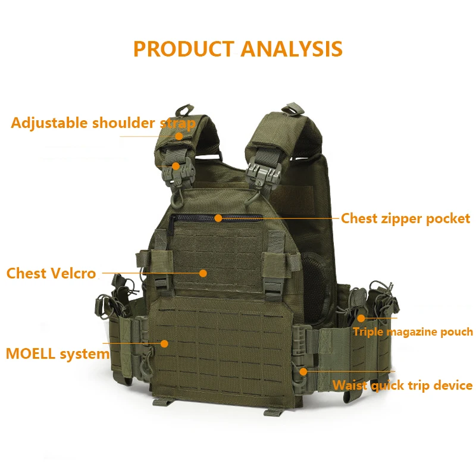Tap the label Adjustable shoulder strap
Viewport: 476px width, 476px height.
pyautogui.click(x=103, y=123)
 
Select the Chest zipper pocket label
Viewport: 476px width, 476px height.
pyautogui.click(x=405, y=218)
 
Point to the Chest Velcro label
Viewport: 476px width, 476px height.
pyautogui.click(x=51, y=274)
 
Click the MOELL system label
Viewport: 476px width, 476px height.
pyautogui.click(x=58, y=354)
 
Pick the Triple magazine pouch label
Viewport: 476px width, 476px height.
pyautogui.click(x=412, y=332)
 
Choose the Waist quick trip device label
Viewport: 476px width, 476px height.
pyautogui.click(x=402, y=386)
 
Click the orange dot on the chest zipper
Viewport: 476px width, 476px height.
pyautogui.click(x=218, y=218)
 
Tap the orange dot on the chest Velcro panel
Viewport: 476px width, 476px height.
pyautogui.click(x=203, y=273)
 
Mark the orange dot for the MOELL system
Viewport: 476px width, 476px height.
pyautogui.click(x=164, y=343)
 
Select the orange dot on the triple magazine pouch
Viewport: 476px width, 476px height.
pyautogui.click(x=361, y=319)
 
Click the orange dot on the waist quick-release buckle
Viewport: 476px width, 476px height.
pyautogui.click(x=303, y=371)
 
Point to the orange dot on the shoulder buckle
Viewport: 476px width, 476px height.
pyautogui.click(x=176, y=166)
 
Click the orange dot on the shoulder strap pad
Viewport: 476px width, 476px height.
pyautogui.click(x=179, y=135)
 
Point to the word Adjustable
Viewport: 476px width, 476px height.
pyautogui.click(x=49, y=123)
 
